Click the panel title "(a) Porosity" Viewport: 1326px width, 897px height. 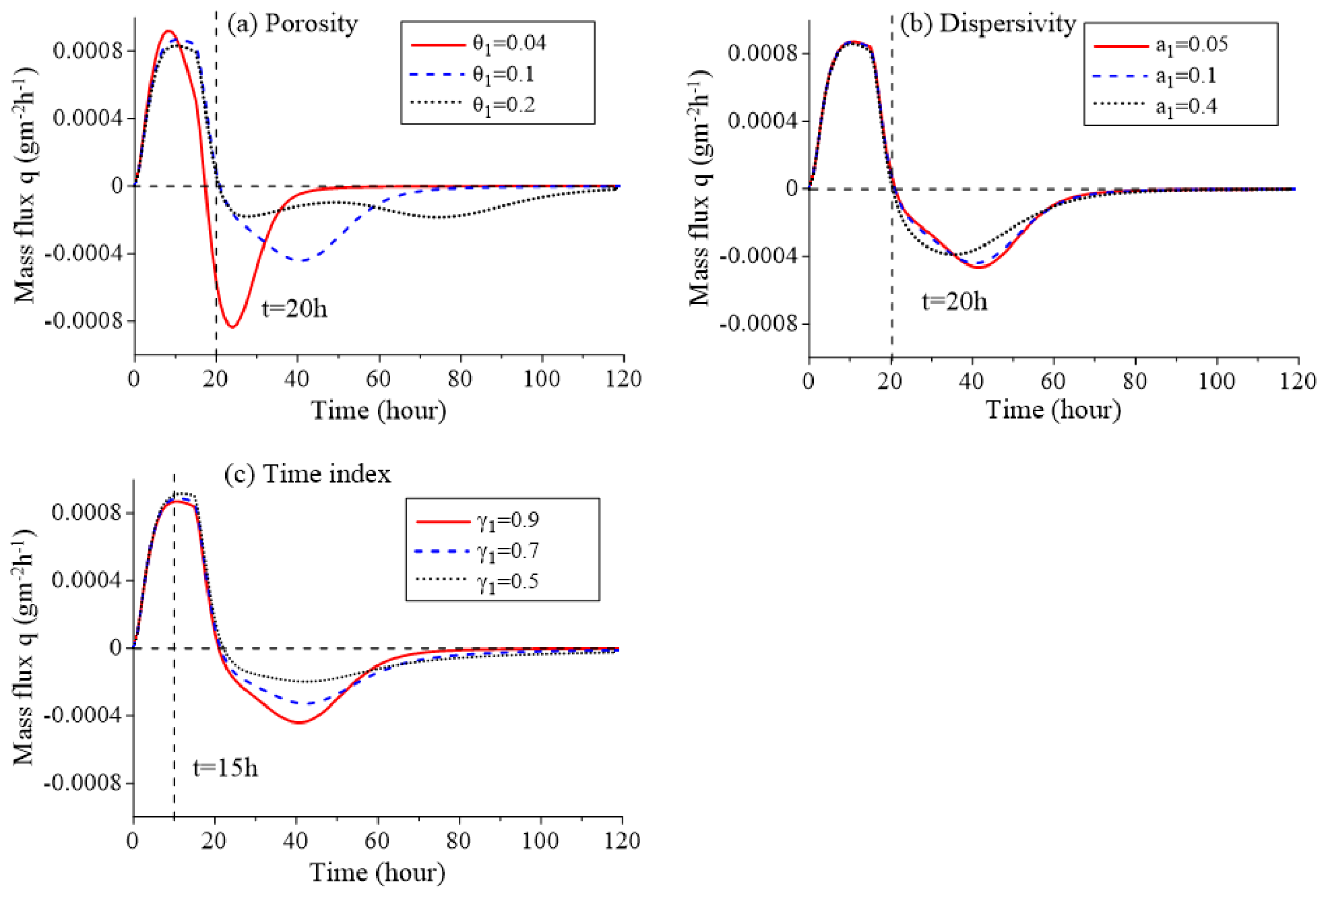coord(292,24)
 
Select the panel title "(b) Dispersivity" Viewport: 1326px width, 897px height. coord(988,24)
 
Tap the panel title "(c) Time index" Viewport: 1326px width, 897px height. coord(307,474)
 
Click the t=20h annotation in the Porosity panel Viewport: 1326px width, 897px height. coord(294,309)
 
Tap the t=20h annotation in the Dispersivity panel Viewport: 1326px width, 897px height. coord(954,301)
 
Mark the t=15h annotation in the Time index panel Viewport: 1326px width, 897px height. coord(225,768)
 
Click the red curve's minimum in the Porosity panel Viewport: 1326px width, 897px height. coord(232,327)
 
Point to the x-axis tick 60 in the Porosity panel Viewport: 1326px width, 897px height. coord(379,379)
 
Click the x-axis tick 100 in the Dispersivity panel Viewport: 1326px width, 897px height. coord(1216,381)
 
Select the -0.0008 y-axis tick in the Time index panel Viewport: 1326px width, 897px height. coord(83,783)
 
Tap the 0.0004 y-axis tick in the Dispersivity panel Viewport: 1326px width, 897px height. coord(761,121)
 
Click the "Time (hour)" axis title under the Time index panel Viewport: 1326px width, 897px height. coord(377,873)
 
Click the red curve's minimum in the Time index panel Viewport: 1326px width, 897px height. coord(298,723)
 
